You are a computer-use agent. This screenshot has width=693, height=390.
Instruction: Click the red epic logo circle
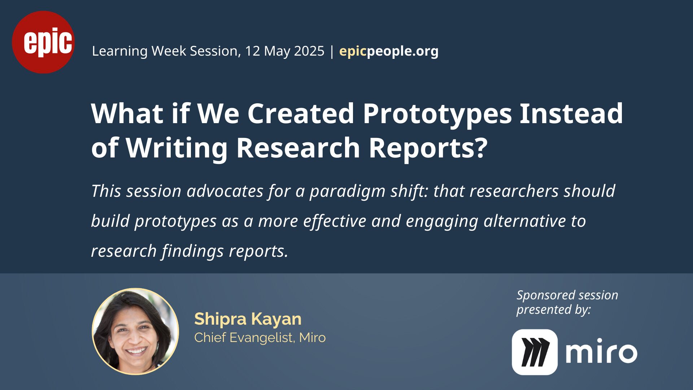pos(43,42)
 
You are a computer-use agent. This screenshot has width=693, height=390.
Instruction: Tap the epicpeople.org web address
pos(389,51)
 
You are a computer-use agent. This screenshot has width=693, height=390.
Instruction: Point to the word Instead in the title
pos(571,113)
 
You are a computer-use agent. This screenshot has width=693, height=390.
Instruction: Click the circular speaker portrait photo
pos(136,331)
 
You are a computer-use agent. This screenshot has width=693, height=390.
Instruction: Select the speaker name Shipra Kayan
pos(248,319)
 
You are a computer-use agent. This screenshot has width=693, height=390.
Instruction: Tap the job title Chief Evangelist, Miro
pos(260,338)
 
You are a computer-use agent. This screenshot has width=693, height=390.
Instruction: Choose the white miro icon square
pos(535,352)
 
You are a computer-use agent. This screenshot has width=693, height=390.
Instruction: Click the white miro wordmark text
pos(601,351)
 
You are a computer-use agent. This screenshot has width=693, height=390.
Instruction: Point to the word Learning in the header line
pos(120,51)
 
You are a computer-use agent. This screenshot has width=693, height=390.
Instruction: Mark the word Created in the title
pos(301,113)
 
